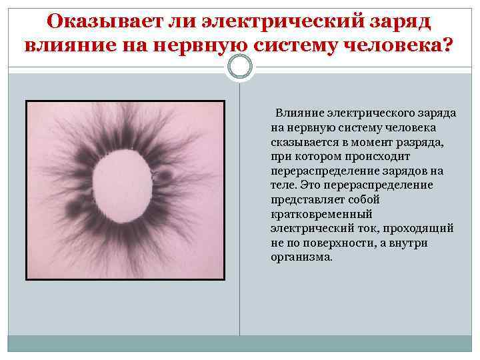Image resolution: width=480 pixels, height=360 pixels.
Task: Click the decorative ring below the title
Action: [240, 67]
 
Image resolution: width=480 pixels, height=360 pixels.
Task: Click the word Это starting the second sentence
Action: [311, 185]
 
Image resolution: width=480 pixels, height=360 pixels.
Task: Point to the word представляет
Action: [307, 199]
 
